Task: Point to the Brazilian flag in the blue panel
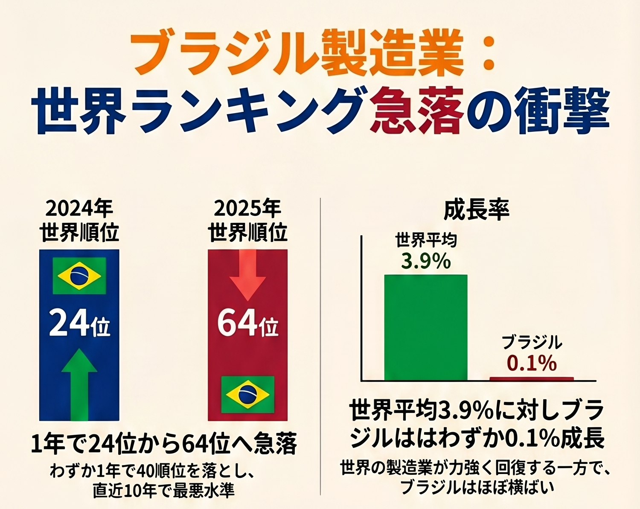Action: (79, 276)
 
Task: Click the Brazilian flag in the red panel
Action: (247, 394)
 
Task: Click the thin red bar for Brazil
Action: (532, 379)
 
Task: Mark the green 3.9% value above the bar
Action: (426, 261)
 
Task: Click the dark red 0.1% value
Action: (532, 364)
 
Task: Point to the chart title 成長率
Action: (477, 209)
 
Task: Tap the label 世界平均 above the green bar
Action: (426, 240)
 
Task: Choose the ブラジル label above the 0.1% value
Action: (532, 343)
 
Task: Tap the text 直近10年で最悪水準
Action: (164, 491)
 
